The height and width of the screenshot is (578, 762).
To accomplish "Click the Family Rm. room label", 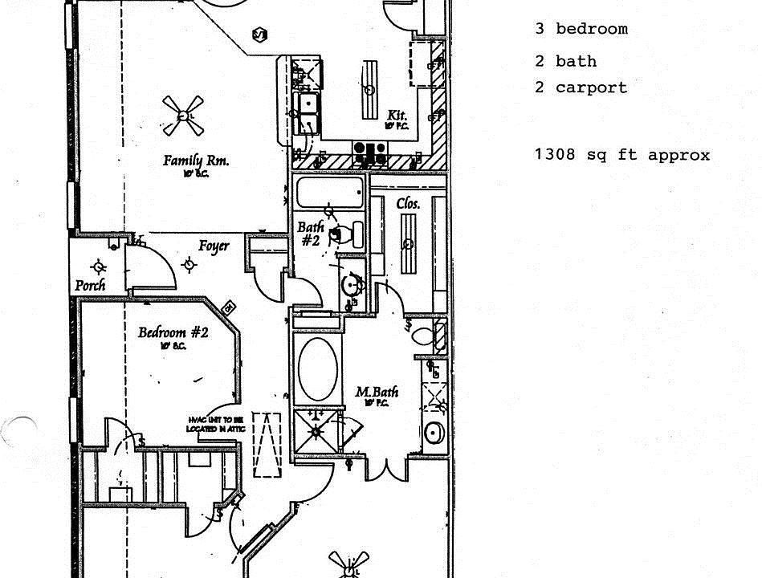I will (196, 161).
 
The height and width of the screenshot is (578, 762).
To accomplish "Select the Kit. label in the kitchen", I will (397, 116).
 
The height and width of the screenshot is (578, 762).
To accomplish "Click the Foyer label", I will (214, 246).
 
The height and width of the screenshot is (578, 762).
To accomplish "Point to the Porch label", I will (90, 285).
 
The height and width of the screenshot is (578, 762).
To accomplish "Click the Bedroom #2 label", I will (173, 332).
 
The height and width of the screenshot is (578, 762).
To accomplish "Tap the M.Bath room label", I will (377, 392).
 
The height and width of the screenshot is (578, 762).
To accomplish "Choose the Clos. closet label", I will (408, 204).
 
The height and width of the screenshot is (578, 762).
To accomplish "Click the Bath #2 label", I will (311, 234).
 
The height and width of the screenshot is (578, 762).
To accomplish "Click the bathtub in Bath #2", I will (329, 193).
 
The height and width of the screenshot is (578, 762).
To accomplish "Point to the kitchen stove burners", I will (370, 148).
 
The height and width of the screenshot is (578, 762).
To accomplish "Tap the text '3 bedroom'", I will (581, 29).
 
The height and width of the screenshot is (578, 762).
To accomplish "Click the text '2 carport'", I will (581, 88).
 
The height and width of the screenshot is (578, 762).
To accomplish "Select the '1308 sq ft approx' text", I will (622, 155).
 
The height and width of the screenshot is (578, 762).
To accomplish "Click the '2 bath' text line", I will (566, 61).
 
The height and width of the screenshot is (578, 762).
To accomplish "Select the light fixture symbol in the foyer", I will (189, 264).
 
